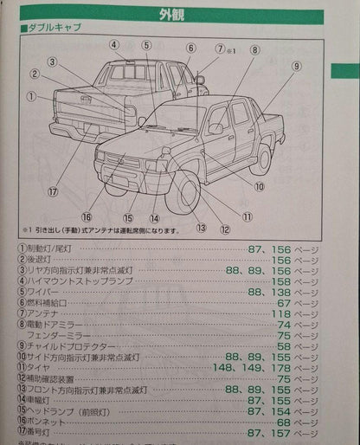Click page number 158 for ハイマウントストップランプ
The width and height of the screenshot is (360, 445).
[290, 280]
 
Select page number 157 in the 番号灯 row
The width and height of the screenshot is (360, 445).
[290, 432]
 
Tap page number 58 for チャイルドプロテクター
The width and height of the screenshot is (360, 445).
[296, 345]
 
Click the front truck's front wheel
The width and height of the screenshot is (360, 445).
[185, 194]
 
